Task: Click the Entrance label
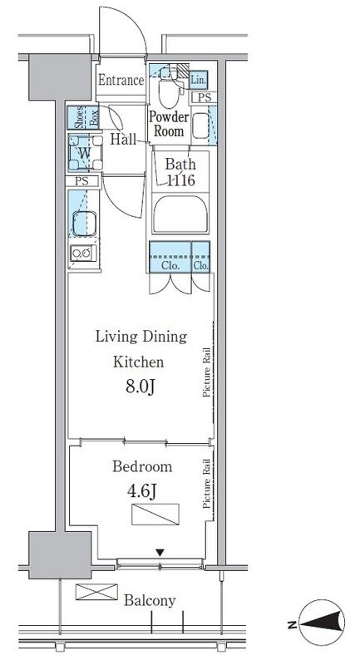[x=121, y=80]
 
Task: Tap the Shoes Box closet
[x=83, y=117]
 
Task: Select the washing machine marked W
[x=86, y=153]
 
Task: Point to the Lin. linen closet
[x=199, y=80]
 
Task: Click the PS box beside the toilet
[x=205, y=97]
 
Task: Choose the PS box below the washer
[x=82, y=181]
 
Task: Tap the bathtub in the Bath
[x=180, y=214]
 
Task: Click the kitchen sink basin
[x=84, y=223]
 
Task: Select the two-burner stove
[x=82, y=254]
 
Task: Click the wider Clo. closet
[x=170, y=257]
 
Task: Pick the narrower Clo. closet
[x=201, y=257]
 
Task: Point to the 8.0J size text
[x=139, y=387]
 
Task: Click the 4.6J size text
[x=141, y=491]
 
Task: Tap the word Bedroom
[x=142, y=466]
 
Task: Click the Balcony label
[x=150, y=600]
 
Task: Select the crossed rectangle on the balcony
[x=96, y=592]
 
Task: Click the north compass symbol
[x=322, y=623]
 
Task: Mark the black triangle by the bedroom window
[x=160, y=553]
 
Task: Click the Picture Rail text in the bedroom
[x=207, y=484]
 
